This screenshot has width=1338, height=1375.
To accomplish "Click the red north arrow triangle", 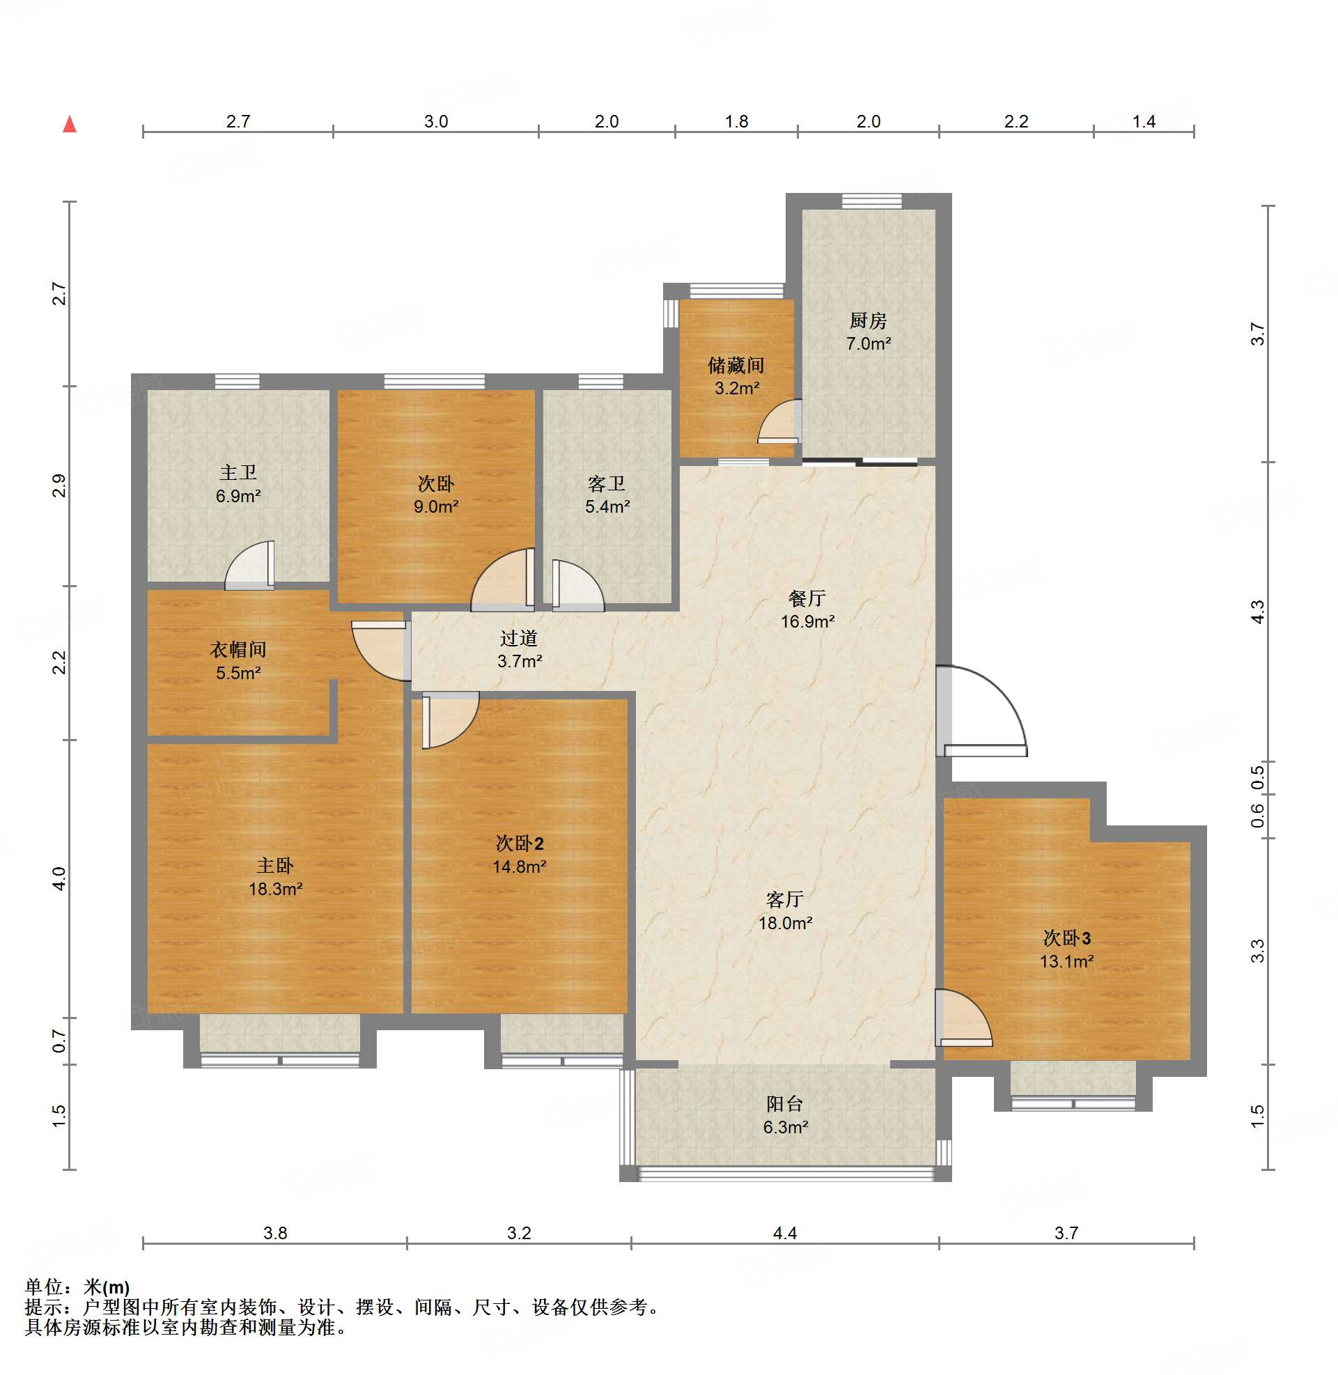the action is tap(70, 125).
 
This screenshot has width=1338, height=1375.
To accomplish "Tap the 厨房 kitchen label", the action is tap(868, 320).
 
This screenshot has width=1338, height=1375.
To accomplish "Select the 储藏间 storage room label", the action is tap(736, 366).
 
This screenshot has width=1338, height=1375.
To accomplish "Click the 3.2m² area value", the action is tap(736, 388).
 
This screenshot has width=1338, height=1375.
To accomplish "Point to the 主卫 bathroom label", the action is tap(238, 472).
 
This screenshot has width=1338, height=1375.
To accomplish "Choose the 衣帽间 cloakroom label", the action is tap(238, 649).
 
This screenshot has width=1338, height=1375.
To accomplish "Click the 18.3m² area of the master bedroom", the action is tap(276, 889).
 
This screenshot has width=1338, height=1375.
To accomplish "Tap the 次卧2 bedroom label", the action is tap(520, 843).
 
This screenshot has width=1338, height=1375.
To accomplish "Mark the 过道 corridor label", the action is tap(519, 638).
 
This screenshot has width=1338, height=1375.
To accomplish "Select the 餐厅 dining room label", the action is tap(807, 598).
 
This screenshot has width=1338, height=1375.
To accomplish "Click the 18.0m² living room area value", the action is tap(786, 922).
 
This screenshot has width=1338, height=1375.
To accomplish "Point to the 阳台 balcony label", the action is tap(785, 1104).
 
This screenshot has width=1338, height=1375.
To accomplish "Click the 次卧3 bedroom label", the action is tap(1067, 938).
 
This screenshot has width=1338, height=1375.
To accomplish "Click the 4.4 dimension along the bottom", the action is tap(785, 1232).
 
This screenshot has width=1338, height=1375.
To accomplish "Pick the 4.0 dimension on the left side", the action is tap(59, 878).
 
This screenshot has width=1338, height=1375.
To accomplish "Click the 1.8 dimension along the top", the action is tap(736, 122).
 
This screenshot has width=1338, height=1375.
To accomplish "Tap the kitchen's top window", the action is tap(872, 201).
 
